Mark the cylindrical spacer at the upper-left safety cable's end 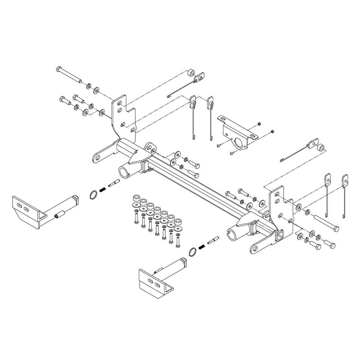pos(191,73)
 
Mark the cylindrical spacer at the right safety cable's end pos(322,147)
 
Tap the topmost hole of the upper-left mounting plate pos(118,103)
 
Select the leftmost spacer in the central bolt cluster pos(134,198)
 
